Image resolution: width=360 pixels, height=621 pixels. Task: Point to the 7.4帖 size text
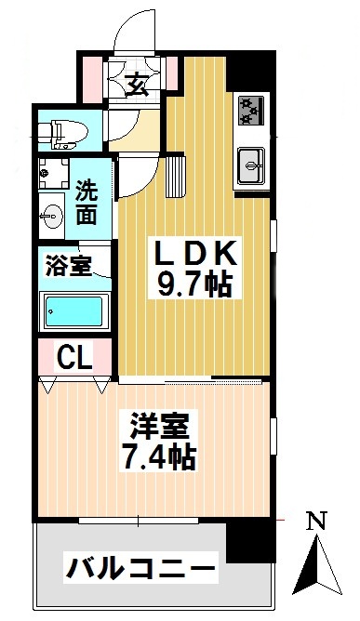click(x=157, y=457)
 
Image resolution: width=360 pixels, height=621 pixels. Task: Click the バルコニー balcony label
click(x=139, y=566)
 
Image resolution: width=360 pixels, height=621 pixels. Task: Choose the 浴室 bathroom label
click(x=68, y=266)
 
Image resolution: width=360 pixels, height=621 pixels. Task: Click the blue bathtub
click(x=74, y=310)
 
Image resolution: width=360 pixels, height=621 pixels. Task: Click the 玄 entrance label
click(x=136, y=85)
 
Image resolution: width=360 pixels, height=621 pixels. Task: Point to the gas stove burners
click(x=250, y=111)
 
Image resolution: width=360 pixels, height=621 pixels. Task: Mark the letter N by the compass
click(x=316, y=522)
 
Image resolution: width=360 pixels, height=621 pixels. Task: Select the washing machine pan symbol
click(x=55, y=174)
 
